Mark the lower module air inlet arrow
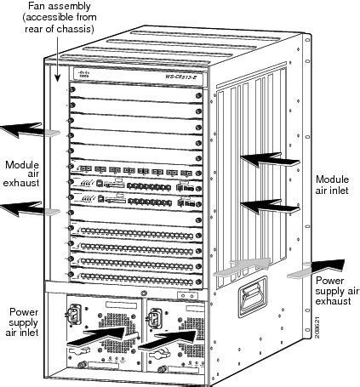266,204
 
